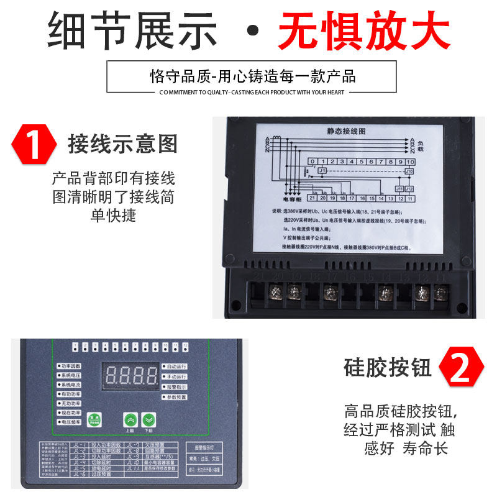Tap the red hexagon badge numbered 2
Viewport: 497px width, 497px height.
click(x=462, y=367)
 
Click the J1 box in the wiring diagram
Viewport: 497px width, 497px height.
click(x=322, y=170)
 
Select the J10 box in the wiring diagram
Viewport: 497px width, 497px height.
click(x=409, y=170)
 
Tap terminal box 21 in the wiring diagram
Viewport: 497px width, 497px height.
click(x=313, y=198)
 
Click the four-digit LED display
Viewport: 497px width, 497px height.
click(x=131, y=375)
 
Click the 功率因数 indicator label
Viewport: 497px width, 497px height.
click(x=70, y=367)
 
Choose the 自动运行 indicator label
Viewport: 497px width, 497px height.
click(x=176, y=367)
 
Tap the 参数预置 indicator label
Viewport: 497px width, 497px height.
click(x=176, y=396)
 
